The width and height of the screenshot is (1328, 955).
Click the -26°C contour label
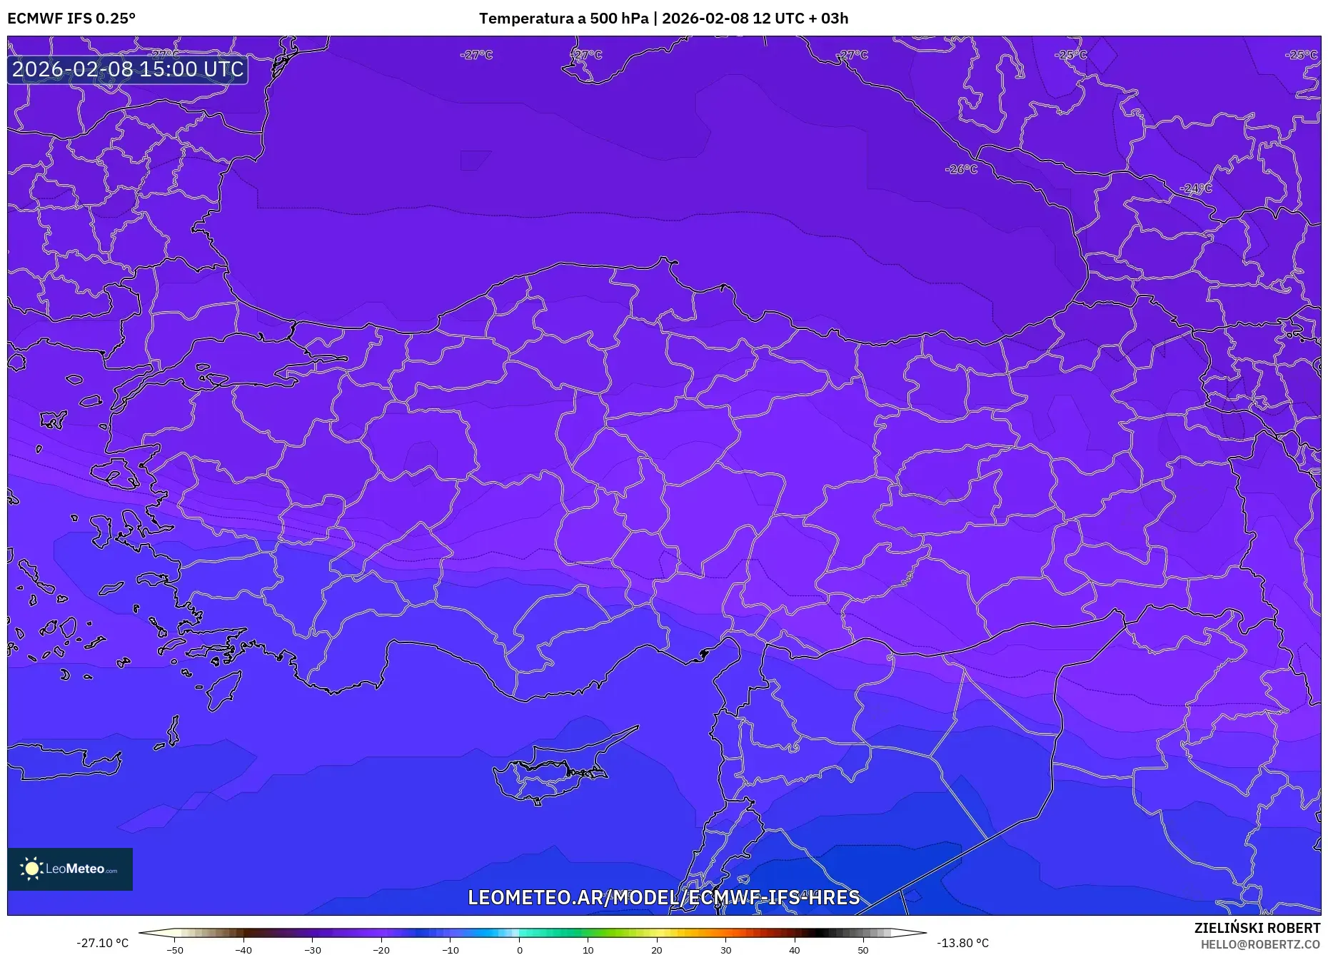point(961,169)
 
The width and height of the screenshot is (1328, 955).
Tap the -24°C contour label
point(1197,188)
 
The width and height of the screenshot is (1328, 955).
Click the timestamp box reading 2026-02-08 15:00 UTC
point(128,69)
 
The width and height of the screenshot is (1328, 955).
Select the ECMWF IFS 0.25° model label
point(71,19)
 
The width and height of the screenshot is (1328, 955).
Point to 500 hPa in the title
point(619,19)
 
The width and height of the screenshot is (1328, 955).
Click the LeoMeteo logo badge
point(70,869)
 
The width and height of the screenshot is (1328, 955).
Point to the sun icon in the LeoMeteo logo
point(31,869)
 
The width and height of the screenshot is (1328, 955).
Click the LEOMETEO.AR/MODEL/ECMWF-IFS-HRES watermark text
point(663,897)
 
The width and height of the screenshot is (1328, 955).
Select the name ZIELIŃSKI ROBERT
point(1257,928)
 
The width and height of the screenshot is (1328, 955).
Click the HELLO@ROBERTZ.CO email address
point(1260,944)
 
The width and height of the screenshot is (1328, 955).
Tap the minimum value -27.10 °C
point(103,943)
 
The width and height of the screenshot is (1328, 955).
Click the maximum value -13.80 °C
point(962,943)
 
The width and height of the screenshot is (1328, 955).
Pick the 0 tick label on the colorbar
point(519,950)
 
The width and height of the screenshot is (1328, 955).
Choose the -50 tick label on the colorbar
point(174,950)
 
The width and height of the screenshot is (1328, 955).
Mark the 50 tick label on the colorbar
point(863,950)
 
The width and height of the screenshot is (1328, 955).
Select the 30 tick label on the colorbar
point(725,950)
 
